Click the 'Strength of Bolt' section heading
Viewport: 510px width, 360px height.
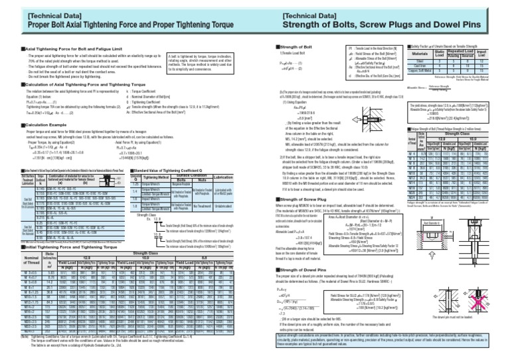[x=295, y=48]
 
